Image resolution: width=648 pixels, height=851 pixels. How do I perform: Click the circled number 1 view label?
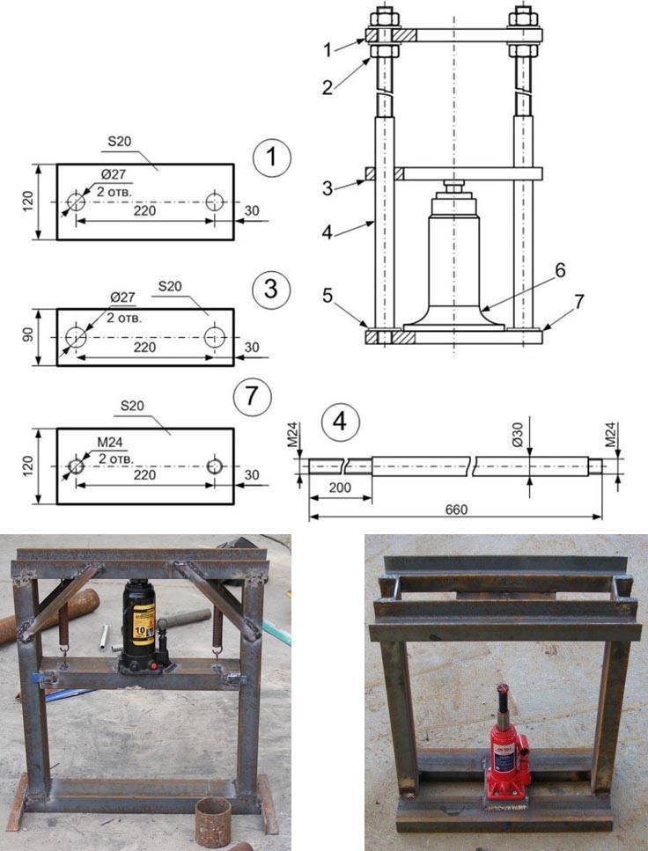pos(271,158)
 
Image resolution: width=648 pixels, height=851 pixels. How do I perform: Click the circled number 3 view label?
pos(271,290)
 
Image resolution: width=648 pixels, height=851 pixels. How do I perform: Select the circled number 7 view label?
pos(252,396)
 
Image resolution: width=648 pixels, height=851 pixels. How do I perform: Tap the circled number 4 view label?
pos(340,422)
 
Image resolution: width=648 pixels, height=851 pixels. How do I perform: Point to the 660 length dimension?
pos(456,510)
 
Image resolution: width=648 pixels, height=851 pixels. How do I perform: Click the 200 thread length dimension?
pos(340,488)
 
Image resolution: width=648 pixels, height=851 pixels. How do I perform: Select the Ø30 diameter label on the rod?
pos(517,434)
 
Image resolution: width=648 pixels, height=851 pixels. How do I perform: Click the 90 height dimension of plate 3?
pos(27,334)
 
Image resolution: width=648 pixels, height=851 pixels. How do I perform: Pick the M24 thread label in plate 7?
pos(110,443)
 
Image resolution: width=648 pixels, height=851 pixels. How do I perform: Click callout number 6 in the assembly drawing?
pos(559,270)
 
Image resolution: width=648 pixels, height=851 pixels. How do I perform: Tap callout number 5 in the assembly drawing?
pos(327,296)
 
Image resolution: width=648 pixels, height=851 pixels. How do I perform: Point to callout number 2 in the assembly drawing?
pos(327,87)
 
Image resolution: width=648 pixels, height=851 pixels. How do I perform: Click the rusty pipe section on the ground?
pos(213,822)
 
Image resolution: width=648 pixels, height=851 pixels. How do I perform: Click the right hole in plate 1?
pos(215,202)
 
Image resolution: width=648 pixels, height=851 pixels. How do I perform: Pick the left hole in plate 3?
pos(76,337)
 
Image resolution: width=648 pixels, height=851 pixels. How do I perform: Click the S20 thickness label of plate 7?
pos(132,406)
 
